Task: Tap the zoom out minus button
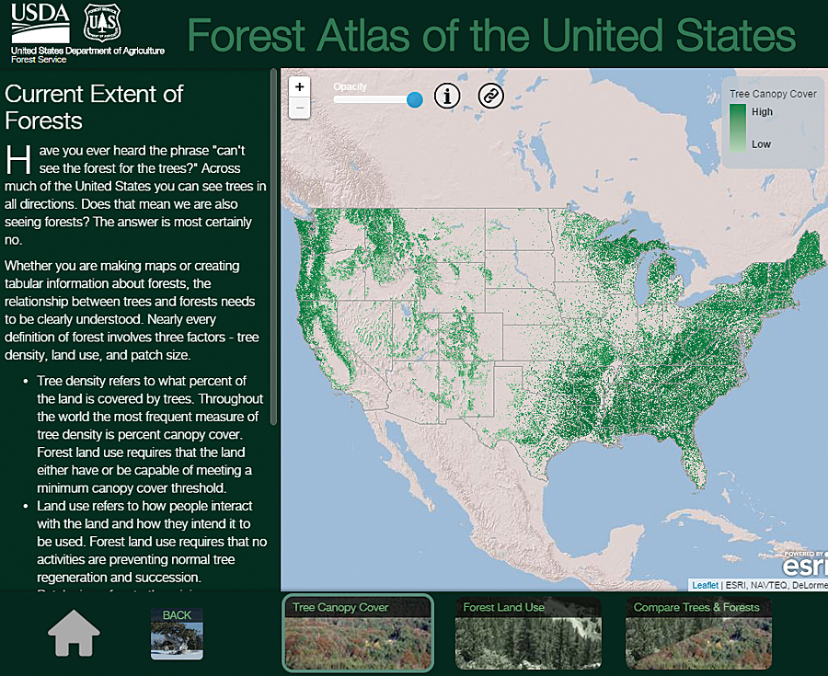(x=300, y=108)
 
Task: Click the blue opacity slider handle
(x=415, y=99)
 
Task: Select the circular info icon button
(x=447, y=95)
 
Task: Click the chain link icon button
(x=491, y=95)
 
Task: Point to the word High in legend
(x=762, y=112)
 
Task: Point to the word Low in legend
(x=761, y=144)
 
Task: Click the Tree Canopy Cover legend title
(x=773, y=94)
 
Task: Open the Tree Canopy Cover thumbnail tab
(x=357, y=633)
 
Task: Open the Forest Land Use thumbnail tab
(x=527, y=633)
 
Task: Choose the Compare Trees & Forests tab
(x=698, y=633)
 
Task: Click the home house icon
(x=74, y=634)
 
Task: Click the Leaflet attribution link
(x=706, y=585)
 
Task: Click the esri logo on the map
(x=807, y=564)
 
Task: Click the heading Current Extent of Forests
(x=94, y=107)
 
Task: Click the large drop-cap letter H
(x=18, y=158)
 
